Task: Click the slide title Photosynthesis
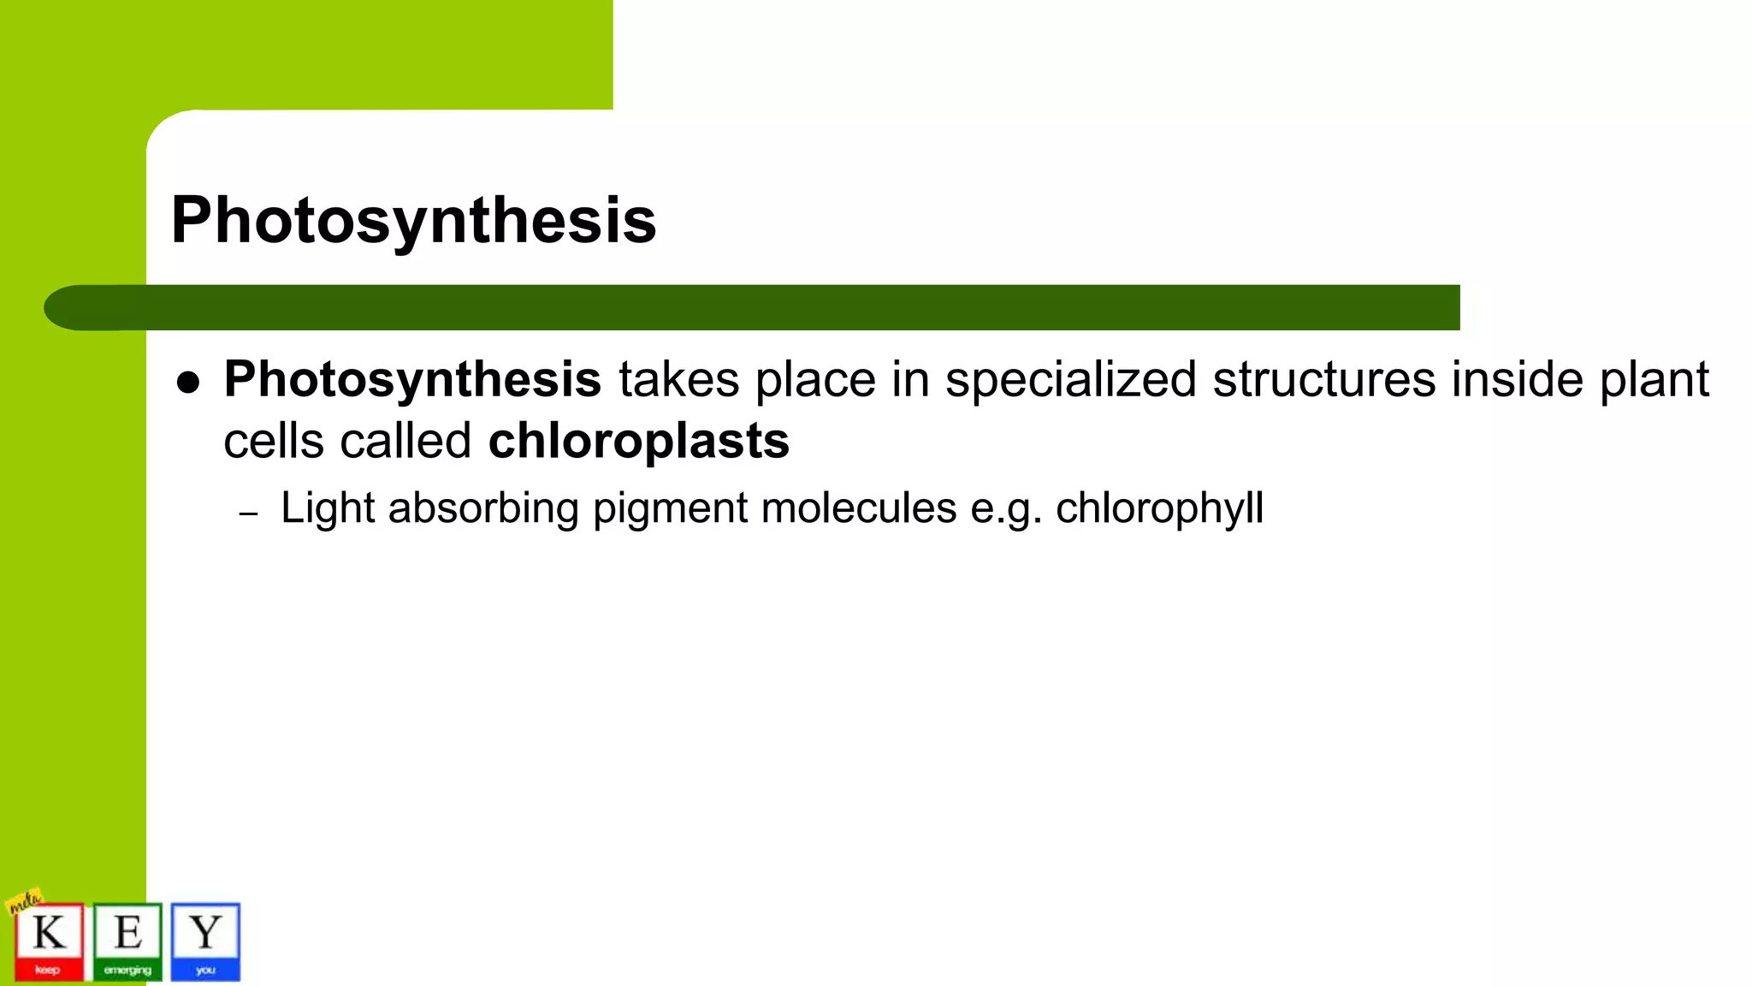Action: (x=413, y=220)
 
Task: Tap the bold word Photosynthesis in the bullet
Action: (x=412, y=380)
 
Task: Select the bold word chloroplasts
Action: (x=638, y=441)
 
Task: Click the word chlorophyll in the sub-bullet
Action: (x=1159, y=508)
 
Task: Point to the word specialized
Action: (x=1070, y=380)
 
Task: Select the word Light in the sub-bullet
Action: (x=328, y=508)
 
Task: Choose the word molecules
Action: (x=858, y=508)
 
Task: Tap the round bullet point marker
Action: (x=188, y=383)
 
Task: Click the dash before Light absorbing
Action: (x=248, y=514)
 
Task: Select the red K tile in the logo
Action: (x=49, y=941)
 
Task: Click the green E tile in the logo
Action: (x=127, y=941)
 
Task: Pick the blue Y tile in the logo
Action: (x=205, y=941)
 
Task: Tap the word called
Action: (x=405, y=442)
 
